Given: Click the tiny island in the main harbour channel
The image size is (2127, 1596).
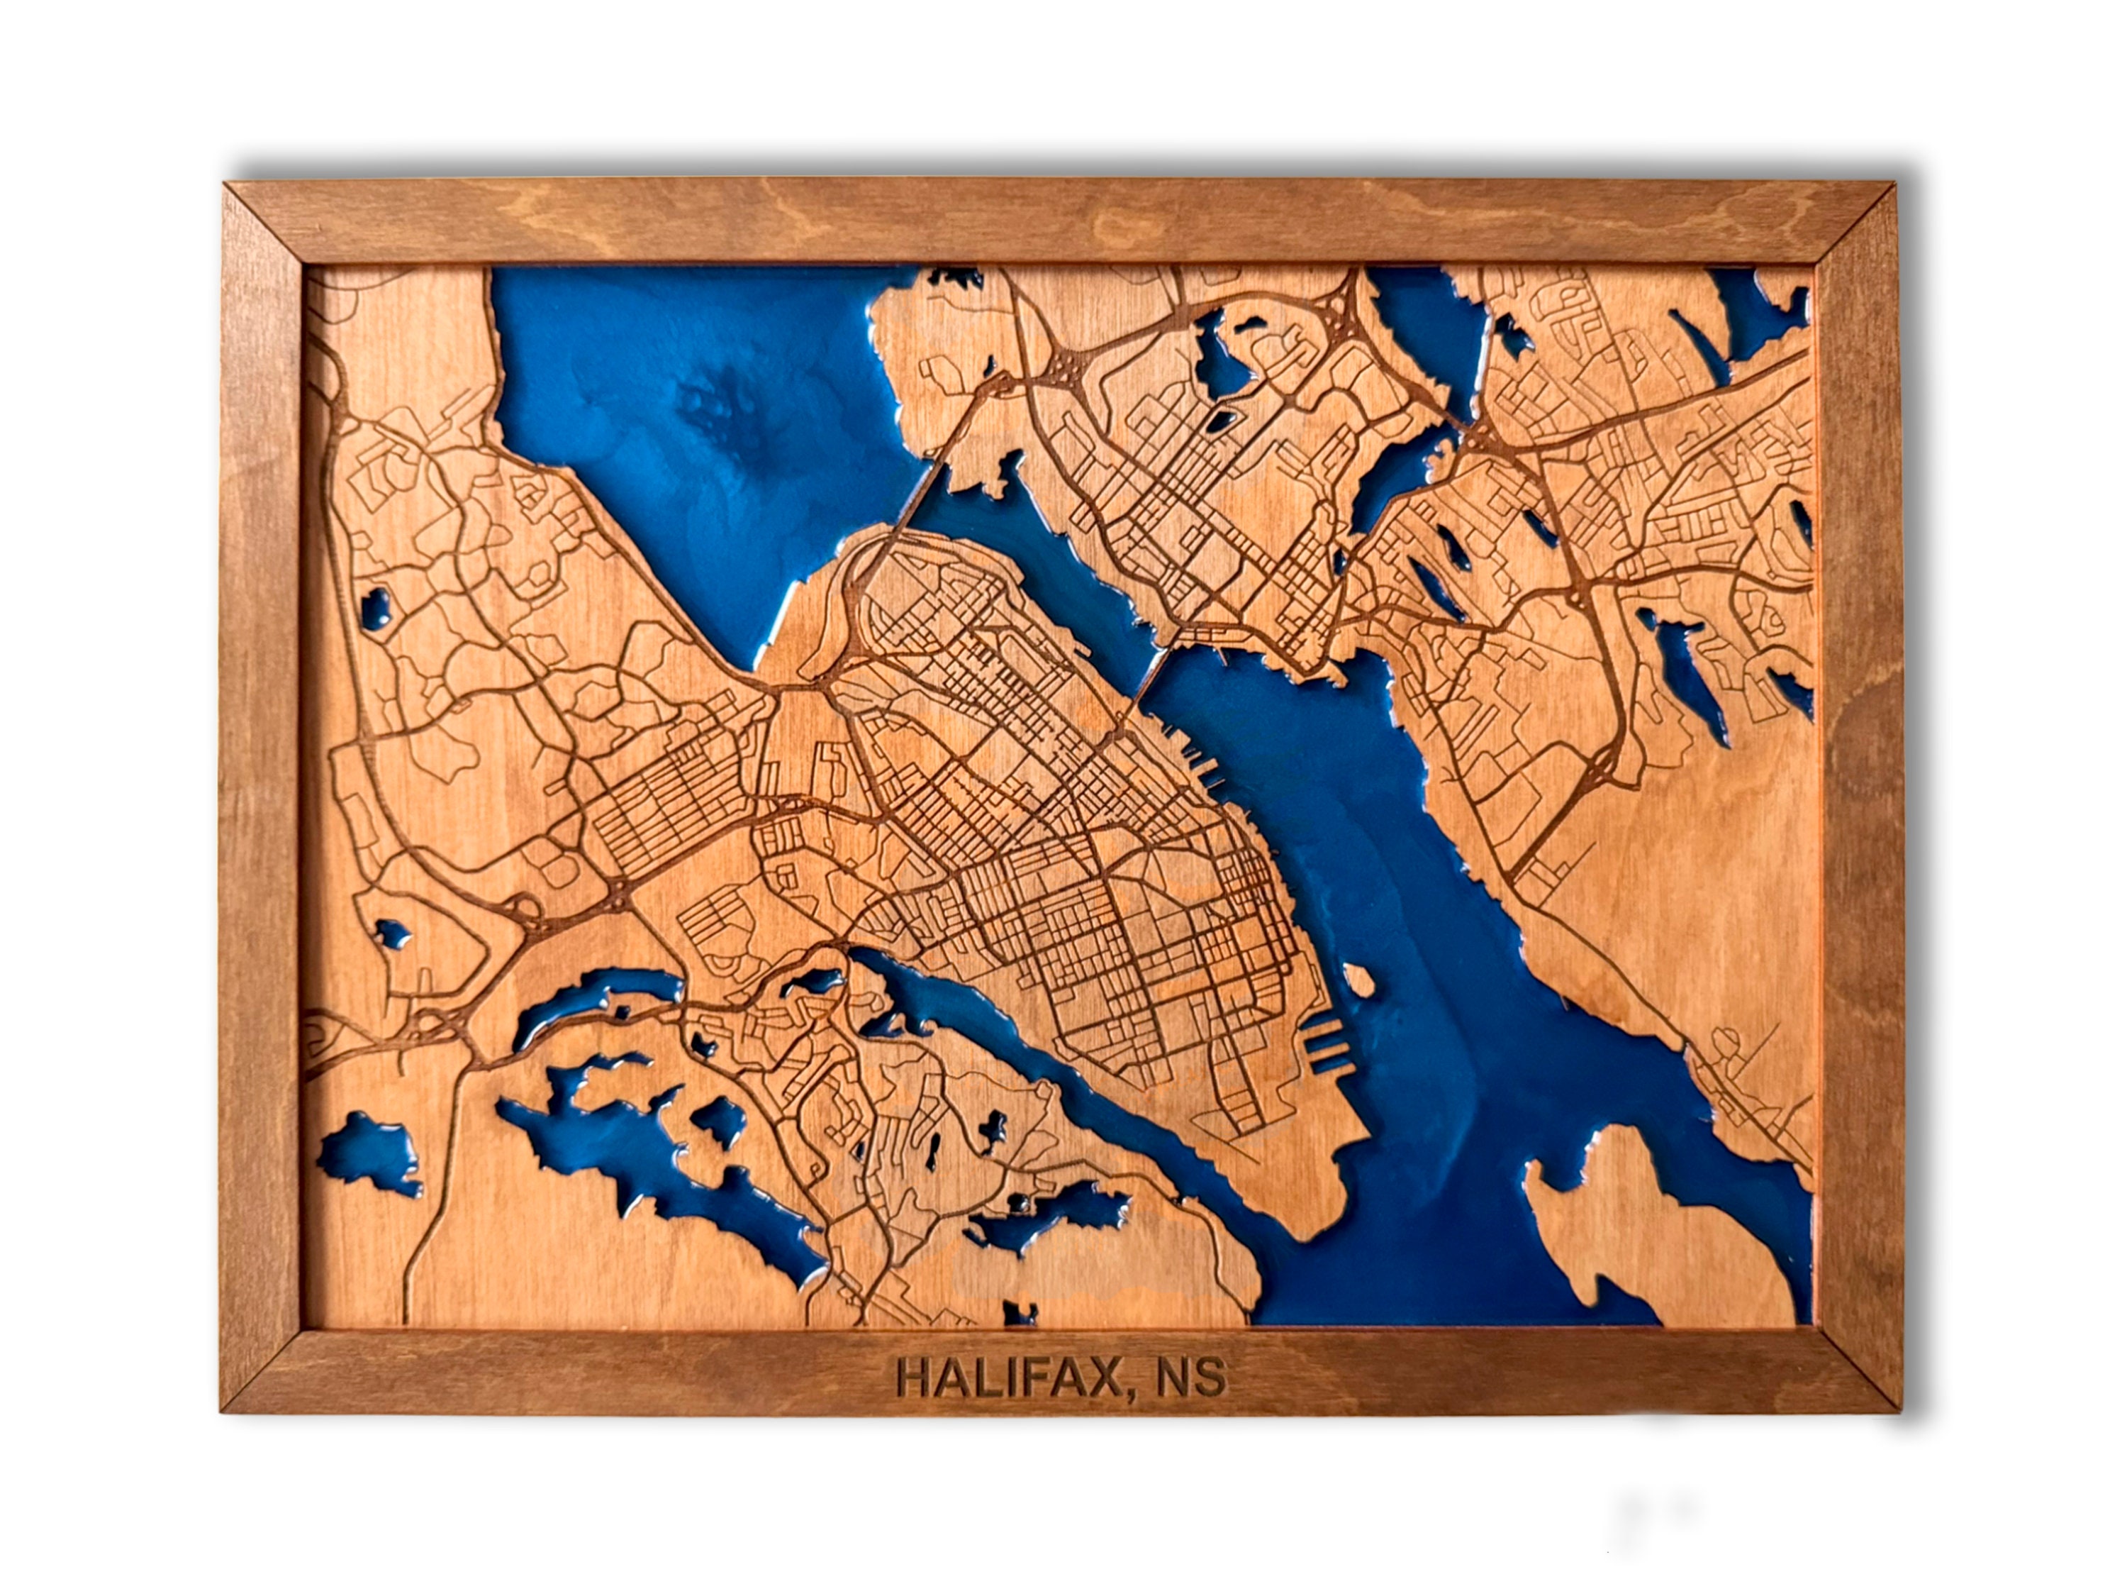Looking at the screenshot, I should (x=1358, y=980).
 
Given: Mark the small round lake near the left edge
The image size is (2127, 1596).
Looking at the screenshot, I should (x=375, y=608).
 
